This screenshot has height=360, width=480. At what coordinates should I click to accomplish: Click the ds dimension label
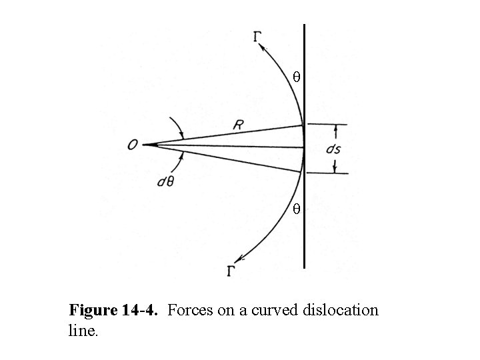[x=334, y=149]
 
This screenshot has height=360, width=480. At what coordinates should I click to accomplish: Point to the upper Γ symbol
[x=257, y=37]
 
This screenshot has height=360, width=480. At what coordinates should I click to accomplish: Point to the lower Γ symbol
[x=231, y=271]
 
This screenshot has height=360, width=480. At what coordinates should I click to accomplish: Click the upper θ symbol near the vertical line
[x=297, y=78]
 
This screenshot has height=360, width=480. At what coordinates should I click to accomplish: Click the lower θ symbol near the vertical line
[x=297, y=209]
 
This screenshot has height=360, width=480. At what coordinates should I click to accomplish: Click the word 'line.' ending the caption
[x=83, y=329]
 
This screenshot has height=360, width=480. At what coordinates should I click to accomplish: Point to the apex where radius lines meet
[x=144, y=145]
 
